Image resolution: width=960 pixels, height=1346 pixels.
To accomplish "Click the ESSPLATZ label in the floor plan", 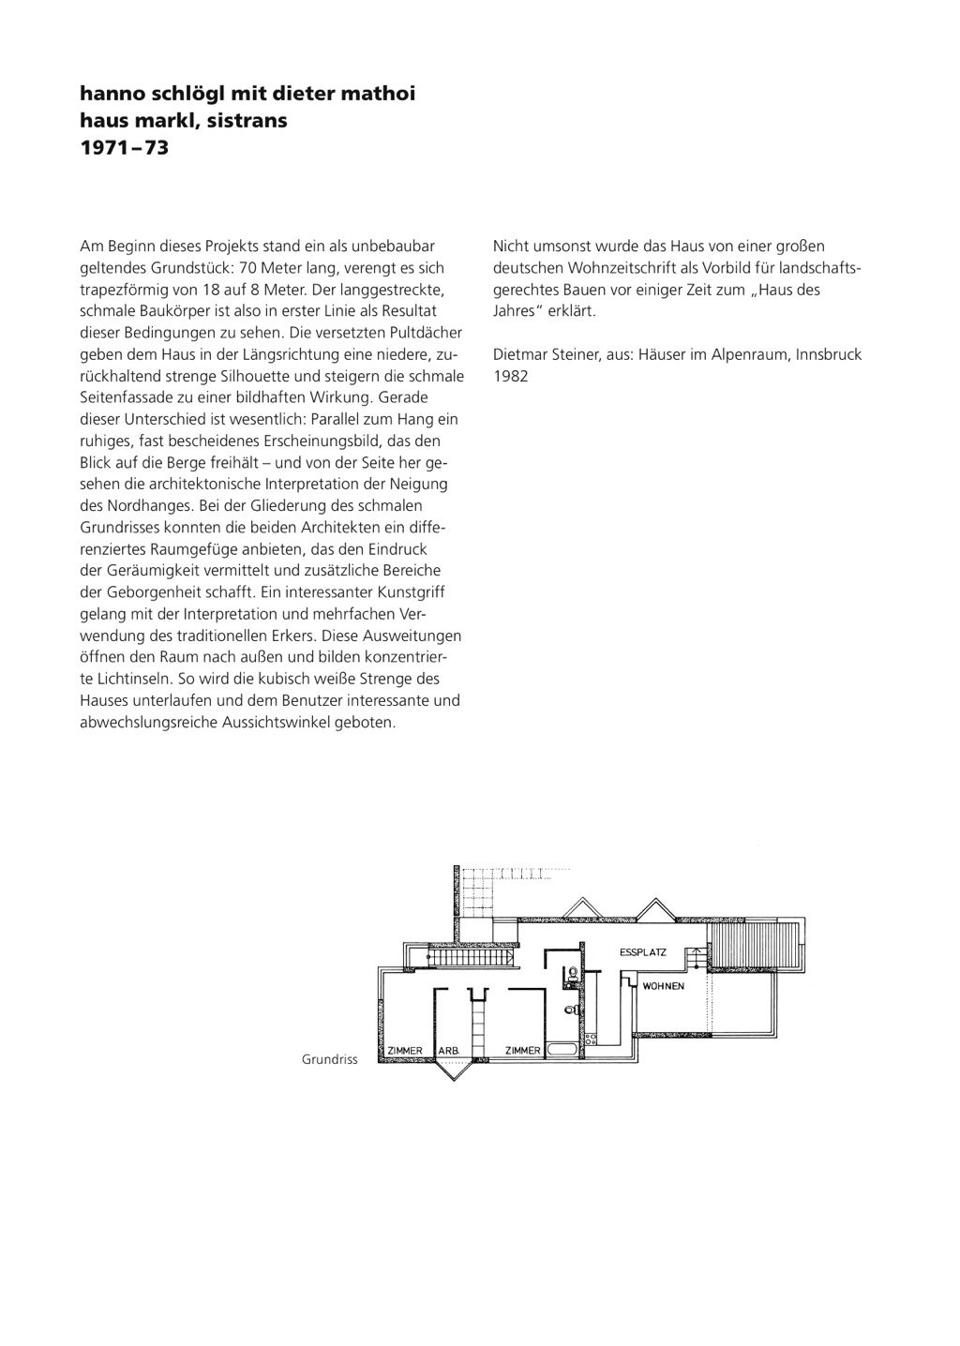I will tap(643, 952).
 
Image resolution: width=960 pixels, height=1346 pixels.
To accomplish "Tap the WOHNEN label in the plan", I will tap(664, 986).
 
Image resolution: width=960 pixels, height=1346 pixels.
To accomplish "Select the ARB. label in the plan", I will tap(449, 1051).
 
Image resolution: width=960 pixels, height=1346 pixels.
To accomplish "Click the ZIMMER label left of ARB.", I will tap(406, 1051).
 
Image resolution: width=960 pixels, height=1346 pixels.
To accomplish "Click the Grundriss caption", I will tap(330, 1060).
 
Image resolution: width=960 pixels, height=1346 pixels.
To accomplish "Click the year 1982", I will tap(511, 376).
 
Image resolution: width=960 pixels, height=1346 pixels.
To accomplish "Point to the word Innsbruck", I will tap(829, 354).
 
